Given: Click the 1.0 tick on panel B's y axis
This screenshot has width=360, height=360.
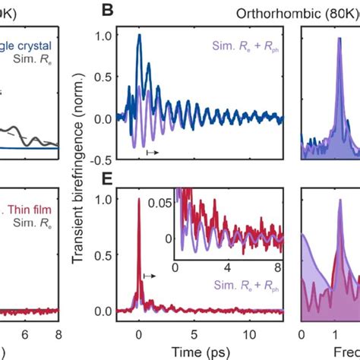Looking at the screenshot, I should point(105,36).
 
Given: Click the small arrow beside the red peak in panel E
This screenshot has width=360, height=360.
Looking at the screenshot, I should point(150,277).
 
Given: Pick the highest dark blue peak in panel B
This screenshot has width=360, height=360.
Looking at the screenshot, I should point(138,36).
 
